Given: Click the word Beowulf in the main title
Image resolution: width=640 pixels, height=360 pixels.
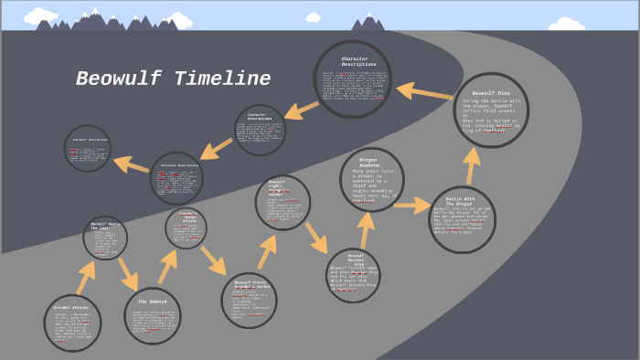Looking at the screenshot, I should click(x=115, y=79).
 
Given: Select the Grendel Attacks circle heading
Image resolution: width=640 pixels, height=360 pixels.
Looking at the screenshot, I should click(x=71, y=308).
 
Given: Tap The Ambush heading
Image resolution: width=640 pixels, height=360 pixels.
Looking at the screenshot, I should click(x=152, y=301).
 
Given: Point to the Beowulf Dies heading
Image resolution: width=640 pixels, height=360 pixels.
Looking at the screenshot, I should click(x=491, y=93).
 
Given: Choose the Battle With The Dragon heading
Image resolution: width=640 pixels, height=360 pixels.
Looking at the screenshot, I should click(x=463, y=201).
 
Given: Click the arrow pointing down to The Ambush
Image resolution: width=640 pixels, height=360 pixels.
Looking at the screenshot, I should click(x=127, y=272).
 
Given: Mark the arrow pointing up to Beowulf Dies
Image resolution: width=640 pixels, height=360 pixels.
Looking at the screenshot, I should click(x=473, y=165).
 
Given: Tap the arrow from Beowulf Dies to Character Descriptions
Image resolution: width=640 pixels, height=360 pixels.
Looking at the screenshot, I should click(x=422, y=91).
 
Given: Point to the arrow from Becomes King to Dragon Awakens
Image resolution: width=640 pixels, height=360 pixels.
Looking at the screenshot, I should click(x=365, y=228).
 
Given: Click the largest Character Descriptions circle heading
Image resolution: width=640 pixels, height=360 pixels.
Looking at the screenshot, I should click(x=355, y=61).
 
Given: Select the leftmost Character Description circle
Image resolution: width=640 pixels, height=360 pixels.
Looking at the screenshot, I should click(x=87, y=148).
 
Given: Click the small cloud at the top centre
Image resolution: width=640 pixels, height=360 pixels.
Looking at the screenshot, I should click(x=313, y=16).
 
